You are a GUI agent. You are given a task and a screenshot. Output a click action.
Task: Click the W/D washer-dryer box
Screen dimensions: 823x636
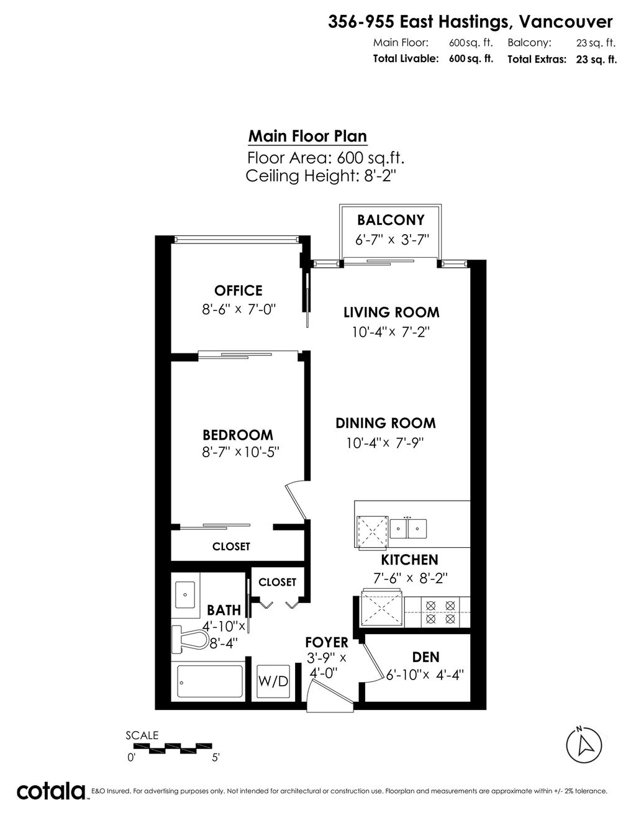click(x=273, y=681)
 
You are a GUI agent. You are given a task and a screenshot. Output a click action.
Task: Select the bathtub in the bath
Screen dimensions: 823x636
click(x=211, y=681)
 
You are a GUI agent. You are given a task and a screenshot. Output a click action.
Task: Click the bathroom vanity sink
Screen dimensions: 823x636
click(x=184, y=594)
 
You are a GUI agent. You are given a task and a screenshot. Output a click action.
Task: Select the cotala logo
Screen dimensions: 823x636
click(x=51, y=791)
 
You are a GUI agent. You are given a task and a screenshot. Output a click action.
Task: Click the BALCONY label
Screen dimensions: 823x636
click(x=391, y=220)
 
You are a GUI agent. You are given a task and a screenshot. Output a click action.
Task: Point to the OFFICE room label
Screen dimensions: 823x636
click(x=238, y=291)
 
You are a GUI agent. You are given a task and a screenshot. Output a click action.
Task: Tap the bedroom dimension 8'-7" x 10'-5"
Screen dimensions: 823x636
click(x=240, y=453)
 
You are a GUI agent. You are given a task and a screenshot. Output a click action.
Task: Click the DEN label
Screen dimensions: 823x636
click(x=425, y=657)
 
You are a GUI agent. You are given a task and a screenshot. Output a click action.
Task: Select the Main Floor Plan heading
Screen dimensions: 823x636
click(x=307, y=137)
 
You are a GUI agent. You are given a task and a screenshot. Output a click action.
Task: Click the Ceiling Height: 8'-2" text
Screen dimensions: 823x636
click(x=321, y=176)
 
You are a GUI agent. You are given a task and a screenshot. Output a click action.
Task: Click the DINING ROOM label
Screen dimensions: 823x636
click(x=386, y=424)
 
